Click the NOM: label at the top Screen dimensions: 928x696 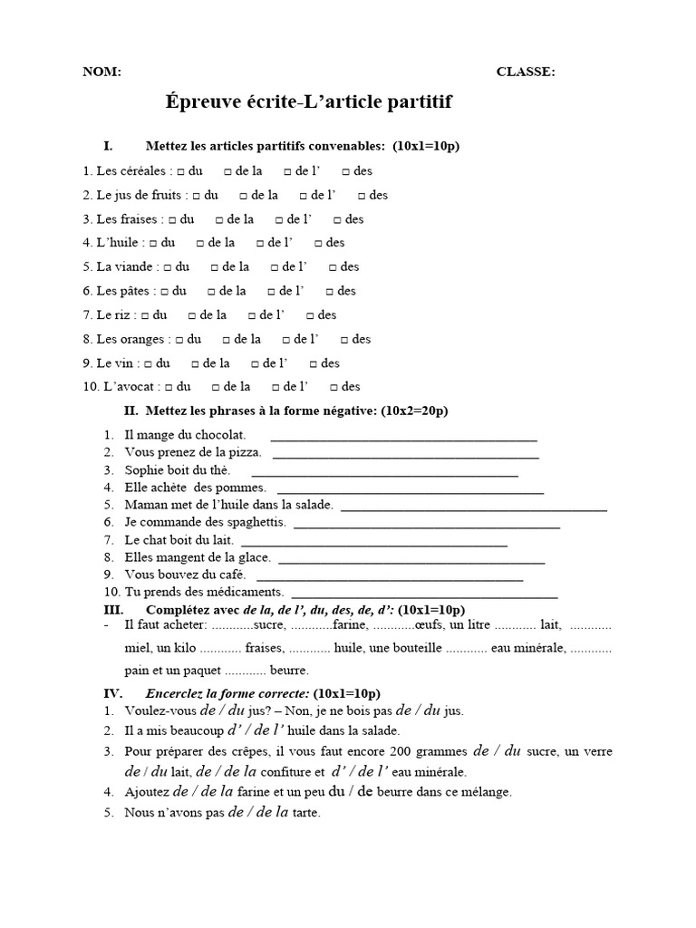tap(101, 72)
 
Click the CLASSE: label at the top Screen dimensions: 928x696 tap(526, 72)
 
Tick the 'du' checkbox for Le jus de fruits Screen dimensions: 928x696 tap(197, 195)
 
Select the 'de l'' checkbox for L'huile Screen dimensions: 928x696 tap(261, 243)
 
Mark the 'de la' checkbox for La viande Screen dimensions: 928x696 tap(215, 267)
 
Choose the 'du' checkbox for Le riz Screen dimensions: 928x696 tap(146, 315)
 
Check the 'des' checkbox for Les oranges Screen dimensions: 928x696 tap(345, 340)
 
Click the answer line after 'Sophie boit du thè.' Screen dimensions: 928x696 tap(384, 473)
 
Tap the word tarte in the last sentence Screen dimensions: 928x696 tap(306, 813)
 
